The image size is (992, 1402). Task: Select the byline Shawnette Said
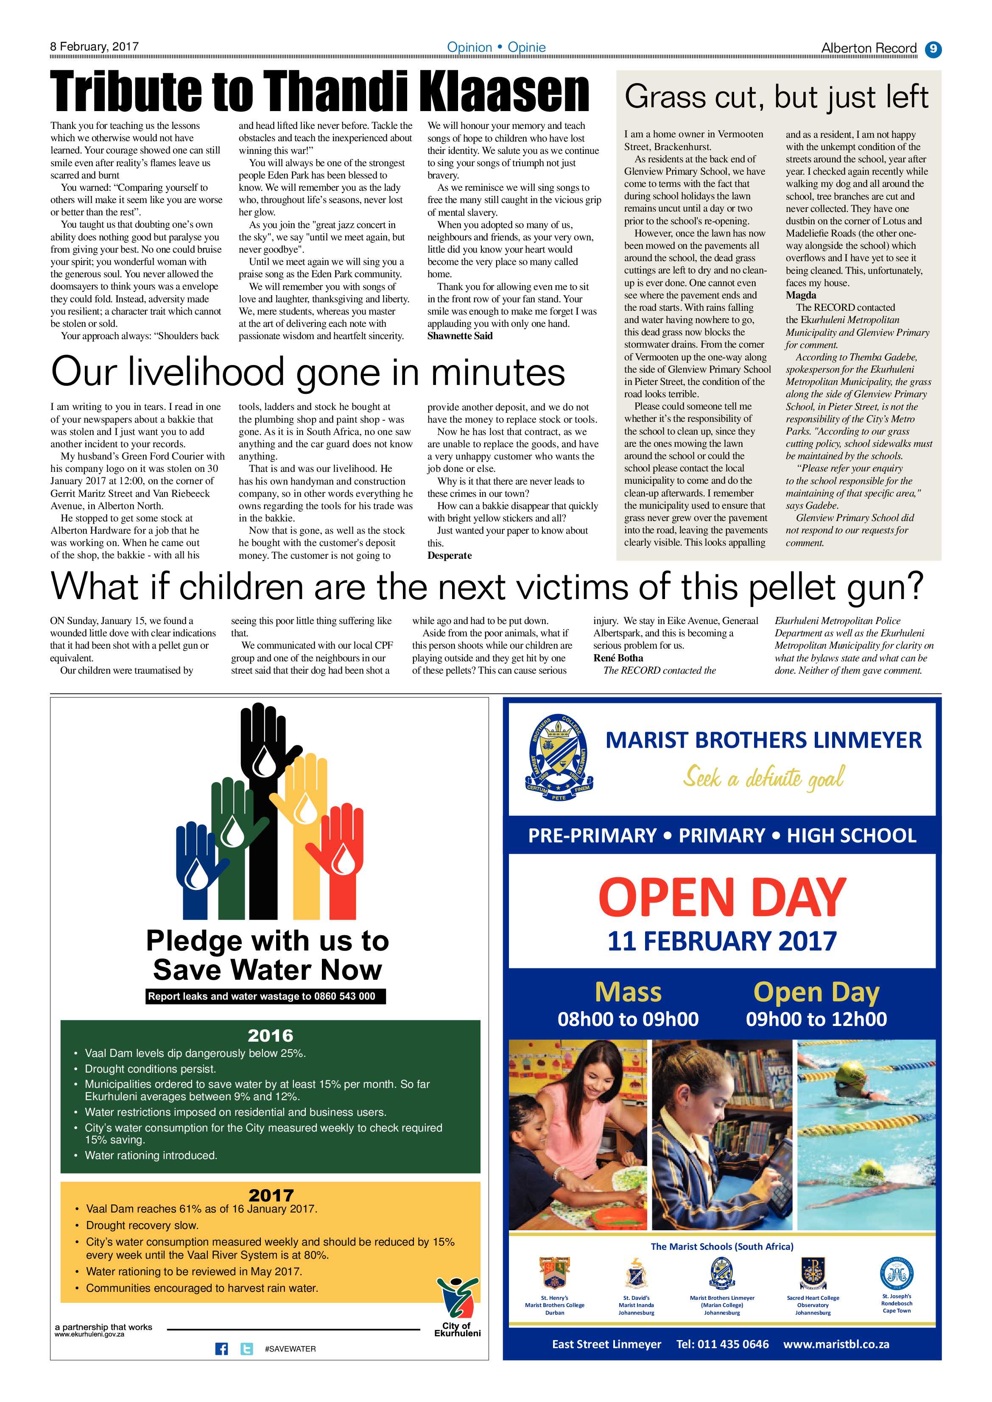460,336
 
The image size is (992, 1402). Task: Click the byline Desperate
450,556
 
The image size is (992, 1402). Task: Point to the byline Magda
801,295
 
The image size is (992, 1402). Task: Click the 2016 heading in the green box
271,1036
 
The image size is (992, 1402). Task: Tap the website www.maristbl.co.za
836,1344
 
